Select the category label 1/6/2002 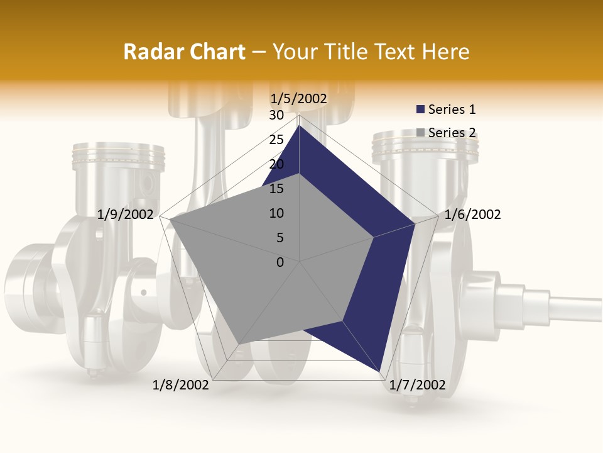(x=472, y=215)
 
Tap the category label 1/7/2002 (x=417, y=385)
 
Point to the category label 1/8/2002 (x=181, y=385)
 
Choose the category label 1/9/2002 (x=126, y=215)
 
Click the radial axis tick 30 (x=276, y=115)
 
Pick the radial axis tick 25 (x=276, y=140)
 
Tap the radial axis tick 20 (x=276, y=164)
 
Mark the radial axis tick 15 (x=276, y=189)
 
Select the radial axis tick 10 (x=276, y=213)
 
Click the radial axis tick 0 (x=280, y=262)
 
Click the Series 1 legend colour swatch (x=420, y=109)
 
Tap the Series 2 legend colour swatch (x=420, y=133)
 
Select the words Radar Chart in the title (x=184, y=52)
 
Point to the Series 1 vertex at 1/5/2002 (x=300, y=126)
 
